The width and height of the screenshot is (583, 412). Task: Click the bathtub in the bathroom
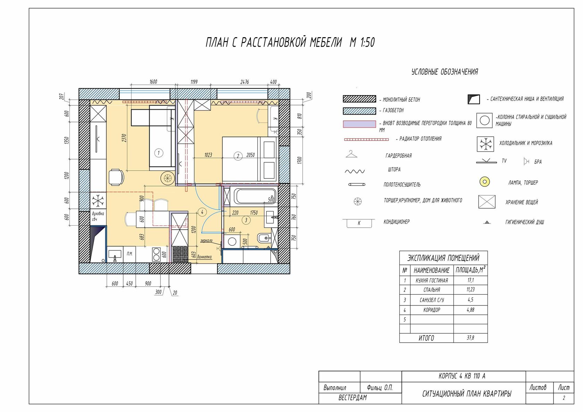click(255, 196)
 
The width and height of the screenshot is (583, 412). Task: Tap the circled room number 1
click(159, 153)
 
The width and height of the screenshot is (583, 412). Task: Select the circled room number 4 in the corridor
click(202, 212)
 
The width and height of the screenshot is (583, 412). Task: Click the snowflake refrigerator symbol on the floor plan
click(98, 200)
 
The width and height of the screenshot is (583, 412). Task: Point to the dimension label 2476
click(244, 82)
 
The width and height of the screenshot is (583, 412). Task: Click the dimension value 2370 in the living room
click(124, 138)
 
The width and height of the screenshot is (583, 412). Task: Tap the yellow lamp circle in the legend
click(484, 182)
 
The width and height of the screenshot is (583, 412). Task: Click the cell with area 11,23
click(470, 290)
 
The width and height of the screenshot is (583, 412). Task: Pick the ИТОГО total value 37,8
click(470, 338)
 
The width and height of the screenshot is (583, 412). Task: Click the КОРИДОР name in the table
click(432, 310)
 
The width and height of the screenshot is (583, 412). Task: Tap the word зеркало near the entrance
click(206, 241)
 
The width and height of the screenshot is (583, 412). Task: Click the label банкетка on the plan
click(204, 257)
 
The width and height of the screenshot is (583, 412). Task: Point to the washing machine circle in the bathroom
click(232, 241)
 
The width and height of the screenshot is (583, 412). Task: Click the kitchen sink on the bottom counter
click(115, 254)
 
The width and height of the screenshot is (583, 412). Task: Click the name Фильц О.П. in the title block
click(380, 388)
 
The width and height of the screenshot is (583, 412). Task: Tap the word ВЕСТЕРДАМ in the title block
click(353, 398)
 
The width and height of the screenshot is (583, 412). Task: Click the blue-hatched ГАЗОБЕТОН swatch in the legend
click(359, 111)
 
